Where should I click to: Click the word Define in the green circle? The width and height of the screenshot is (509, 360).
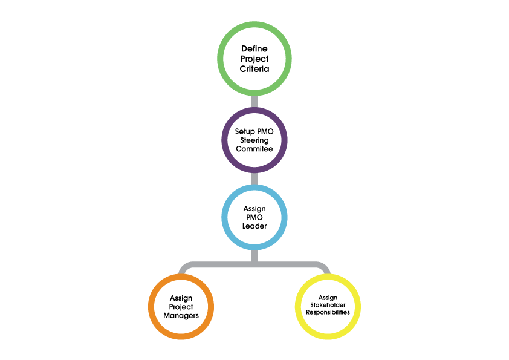point(254,48)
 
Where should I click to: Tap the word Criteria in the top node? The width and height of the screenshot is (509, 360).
point(254,70)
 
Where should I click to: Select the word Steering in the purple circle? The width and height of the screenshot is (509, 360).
point(254,140)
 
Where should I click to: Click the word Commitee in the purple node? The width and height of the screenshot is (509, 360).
point(254,149)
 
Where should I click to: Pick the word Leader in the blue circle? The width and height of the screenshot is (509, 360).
point(254,226)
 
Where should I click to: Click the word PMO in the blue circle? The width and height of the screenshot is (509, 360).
point(254,218)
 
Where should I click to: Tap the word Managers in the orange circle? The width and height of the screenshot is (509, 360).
point(181,316)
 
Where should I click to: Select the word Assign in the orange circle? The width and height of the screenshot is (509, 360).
point(181,298)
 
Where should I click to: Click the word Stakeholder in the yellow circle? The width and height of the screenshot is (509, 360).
point(328,305)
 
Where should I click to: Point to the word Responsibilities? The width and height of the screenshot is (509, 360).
point(328,312)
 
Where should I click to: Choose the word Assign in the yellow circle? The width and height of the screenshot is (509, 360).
point(328,298)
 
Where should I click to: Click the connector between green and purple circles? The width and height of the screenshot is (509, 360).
point(254,100)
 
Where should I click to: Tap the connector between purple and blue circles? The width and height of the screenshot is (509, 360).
point(254,178)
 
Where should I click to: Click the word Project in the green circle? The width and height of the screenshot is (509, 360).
point(254,59)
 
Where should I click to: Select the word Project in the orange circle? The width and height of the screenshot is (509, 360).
point(181,307)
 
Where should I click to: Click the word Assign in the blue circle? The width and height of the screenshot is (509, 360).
point(254,209)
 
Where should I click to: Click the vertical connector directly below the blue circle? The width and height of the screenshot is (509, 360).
point(254,255)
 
